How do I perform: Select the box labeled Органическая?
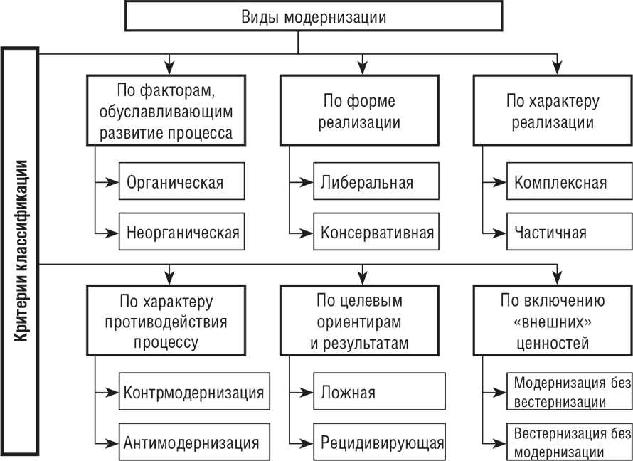(181, 182)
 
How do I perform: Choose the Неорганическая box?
(181, 233)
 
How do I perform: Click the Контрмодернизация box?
(193, 393)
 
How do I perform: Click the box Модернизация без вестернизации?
(569, 393)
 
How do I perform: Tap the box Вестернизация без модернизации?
(569, 442)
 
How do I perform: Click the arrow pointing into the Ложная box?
(302, 393)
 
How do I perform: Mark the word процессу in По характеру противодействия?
(166, 342)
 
